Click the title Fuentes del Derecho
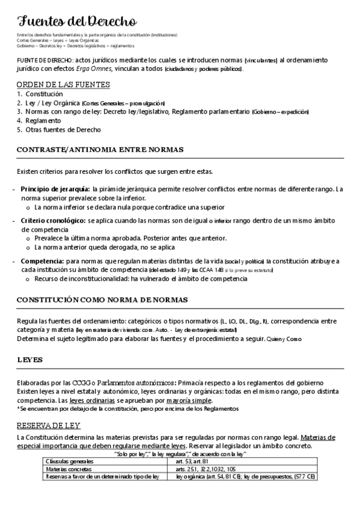(77, 23)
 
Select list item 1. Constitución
(40, 94)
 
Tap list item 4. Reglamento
(39, 120)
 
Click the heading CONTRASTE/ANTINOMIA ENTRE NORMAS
(100, 149)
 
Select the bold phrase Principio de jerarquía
(55, 189)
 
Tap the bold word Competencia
(42, 261)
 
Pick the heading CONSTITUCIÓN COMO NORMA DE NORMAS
(102, 300)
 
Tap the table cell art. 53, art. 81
(192, 461)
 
